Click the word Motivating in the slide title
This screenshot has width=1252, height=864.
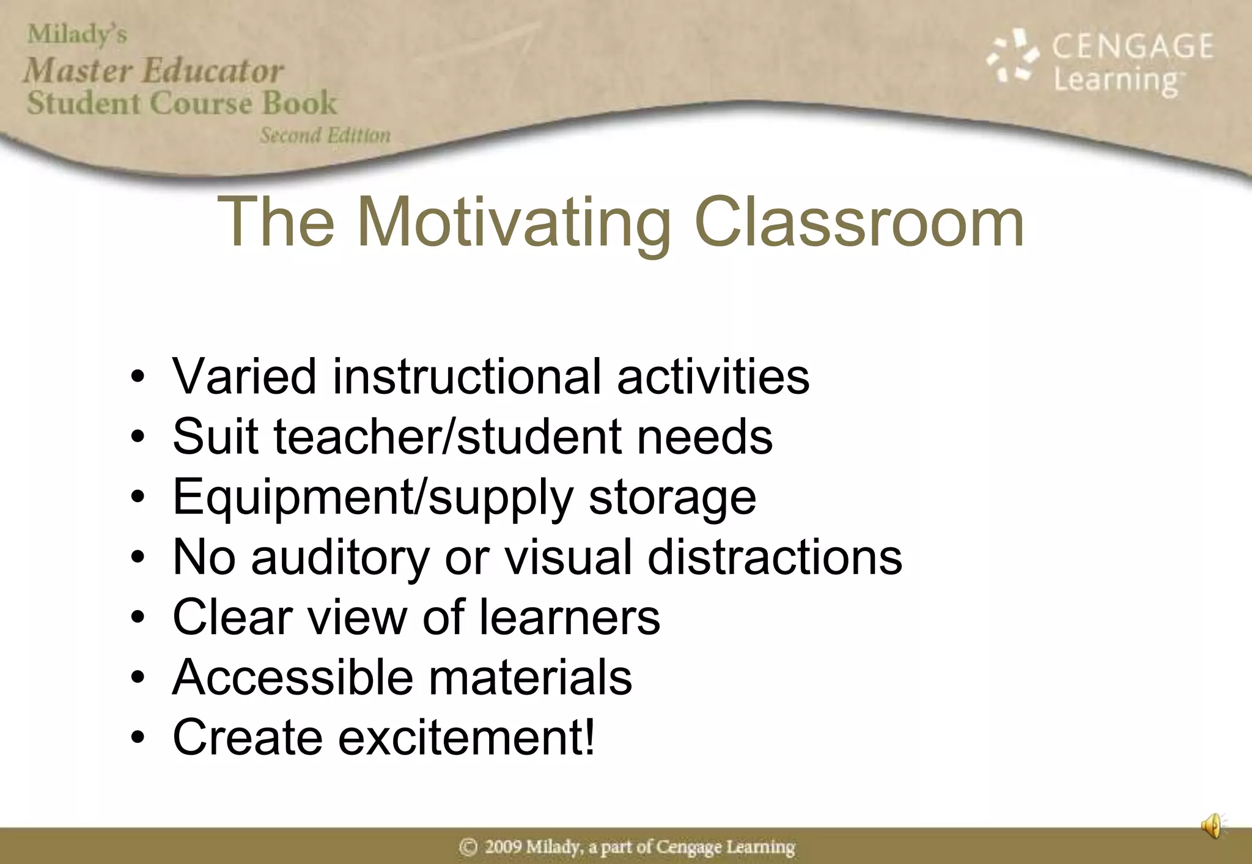514,223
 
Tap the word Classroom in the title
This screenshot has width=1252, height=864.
859,223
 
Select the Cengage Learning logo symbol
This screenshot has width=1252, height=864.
1012,56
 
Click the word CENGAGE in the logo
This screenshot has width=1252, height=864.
1132,46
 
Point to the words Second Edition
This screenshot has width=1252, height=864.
325,135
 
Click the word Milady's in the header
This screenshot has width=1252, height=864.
77,34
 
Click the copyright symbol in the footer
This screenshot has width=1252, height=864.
468,847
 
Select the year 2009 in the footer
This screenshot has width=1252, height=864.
504,847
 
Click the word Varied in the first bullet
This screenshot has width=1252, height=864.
245,376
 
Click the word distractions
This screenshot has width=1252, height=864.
775,557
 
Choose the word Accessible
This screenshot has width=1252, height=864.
293,677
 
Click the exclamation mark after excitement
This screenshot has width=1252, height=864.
589,736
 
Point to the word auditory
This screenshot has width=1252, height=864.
341,557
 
